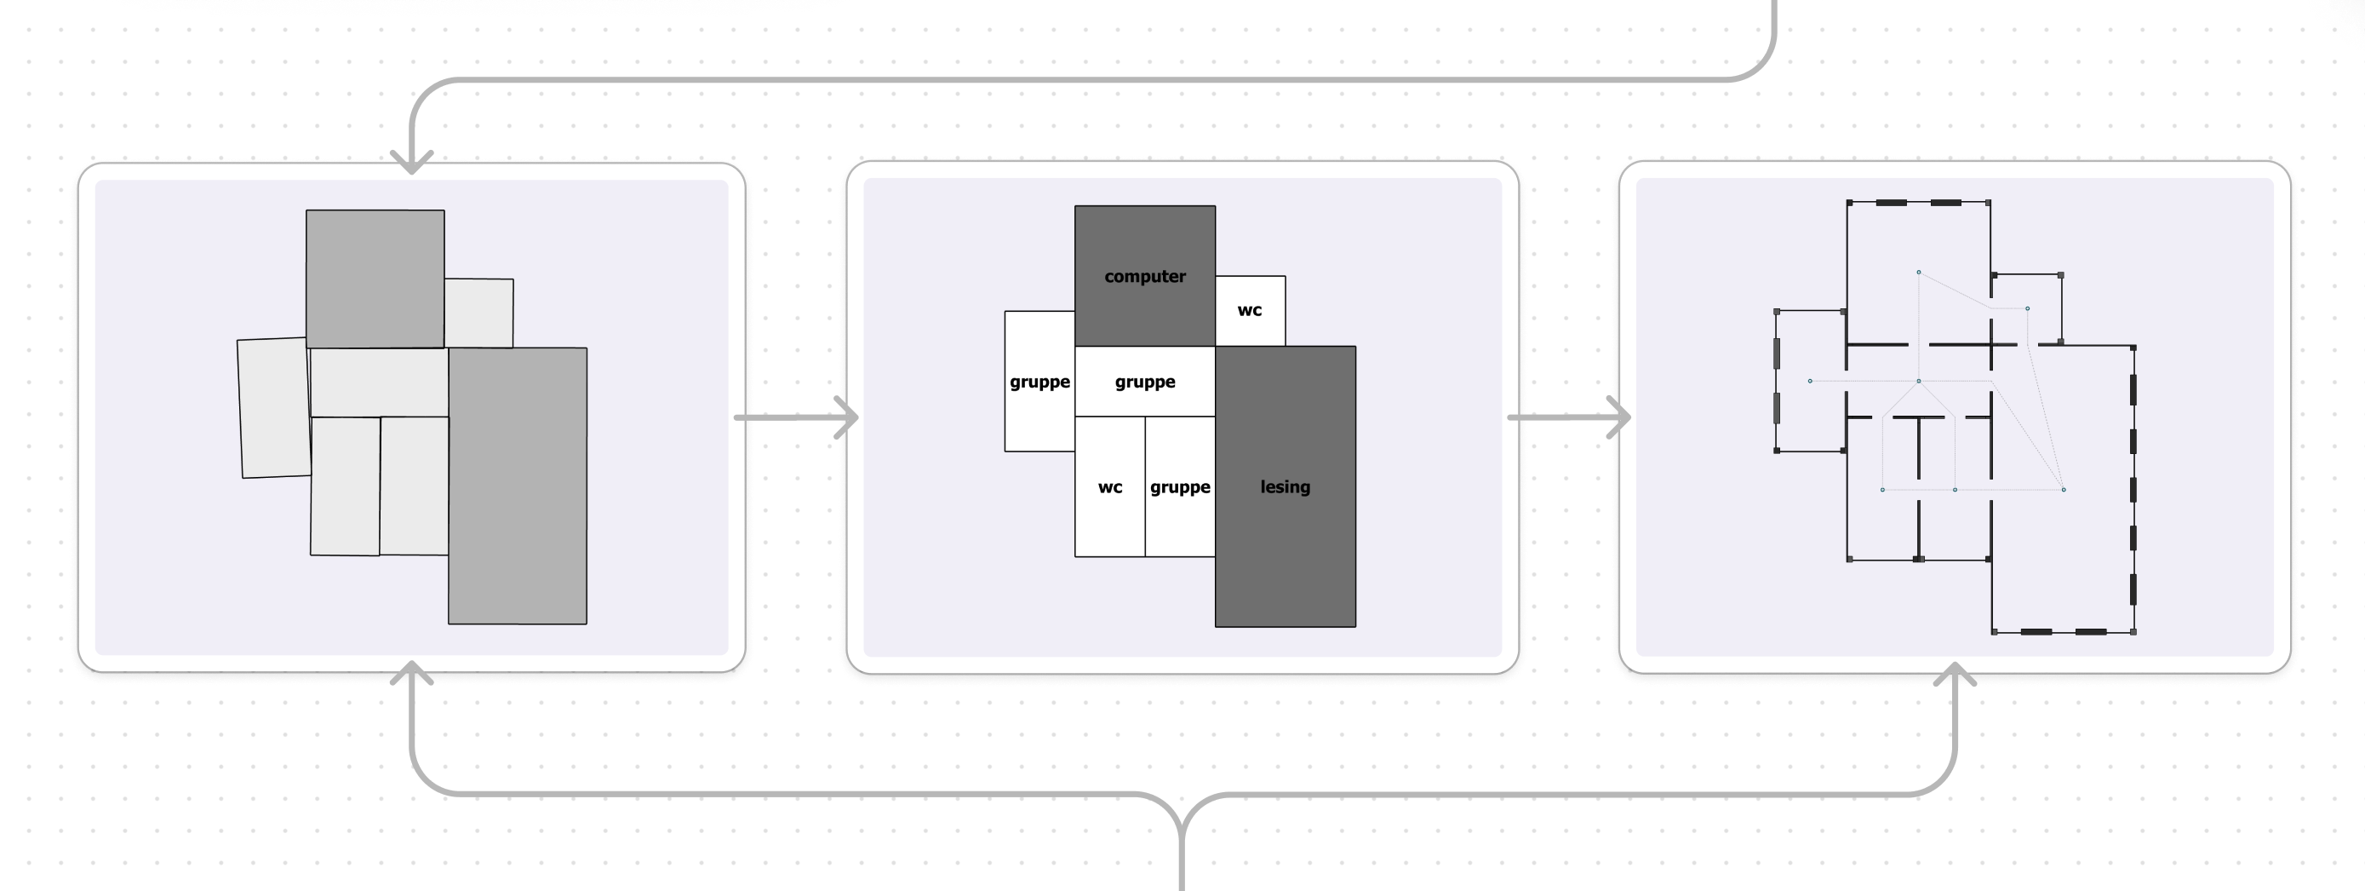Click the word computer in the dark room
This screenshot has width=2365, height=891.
tap(1145, 277)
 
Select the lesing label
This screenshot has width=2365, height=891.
tap(1285, 487)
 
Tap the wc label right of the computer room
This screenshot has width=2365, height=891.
tap(1250, 310)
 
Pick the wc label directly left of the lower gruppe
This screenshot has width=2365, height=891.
tap(1110, 487)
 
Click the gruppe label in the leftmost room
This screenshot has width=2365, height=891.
tap(1039, 382)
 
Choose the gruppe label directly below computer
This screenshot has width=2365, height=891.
tap(1145, 382)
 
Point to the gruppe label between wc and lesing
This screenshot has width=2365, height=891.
tap(1180, 487)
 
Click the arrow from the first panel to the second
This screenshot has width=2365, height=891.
tap(795, 418)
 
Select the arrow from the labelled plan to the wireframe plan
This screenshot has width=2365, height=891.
tap(1568, 418)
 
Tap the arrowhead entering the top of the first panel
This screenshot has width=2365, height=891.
tap(412, 163)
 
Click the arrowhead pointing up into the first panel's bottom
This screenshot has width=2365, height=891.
tap(412, 672)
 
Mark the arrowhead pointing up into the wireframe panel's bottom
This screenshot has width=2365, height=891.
tap(1956, 673)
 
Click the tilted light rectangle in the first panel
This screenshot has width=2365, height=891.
tap(273, 408)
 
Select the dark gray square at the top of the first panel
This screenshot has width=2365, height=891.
tap(375, 279)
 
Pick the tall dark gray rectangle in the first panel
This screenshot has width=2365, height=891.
tap(517, 485)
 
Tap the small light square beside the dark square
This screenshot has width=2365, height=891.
tap(478, 313)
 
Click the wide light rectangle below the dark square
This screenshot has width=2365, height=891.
tap(379, 382)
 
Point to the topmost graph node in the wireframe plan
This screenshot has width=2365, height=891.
tap(1918, 272)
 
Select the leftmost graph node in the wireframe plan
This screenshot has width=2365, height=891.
tap(1810, 380)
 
